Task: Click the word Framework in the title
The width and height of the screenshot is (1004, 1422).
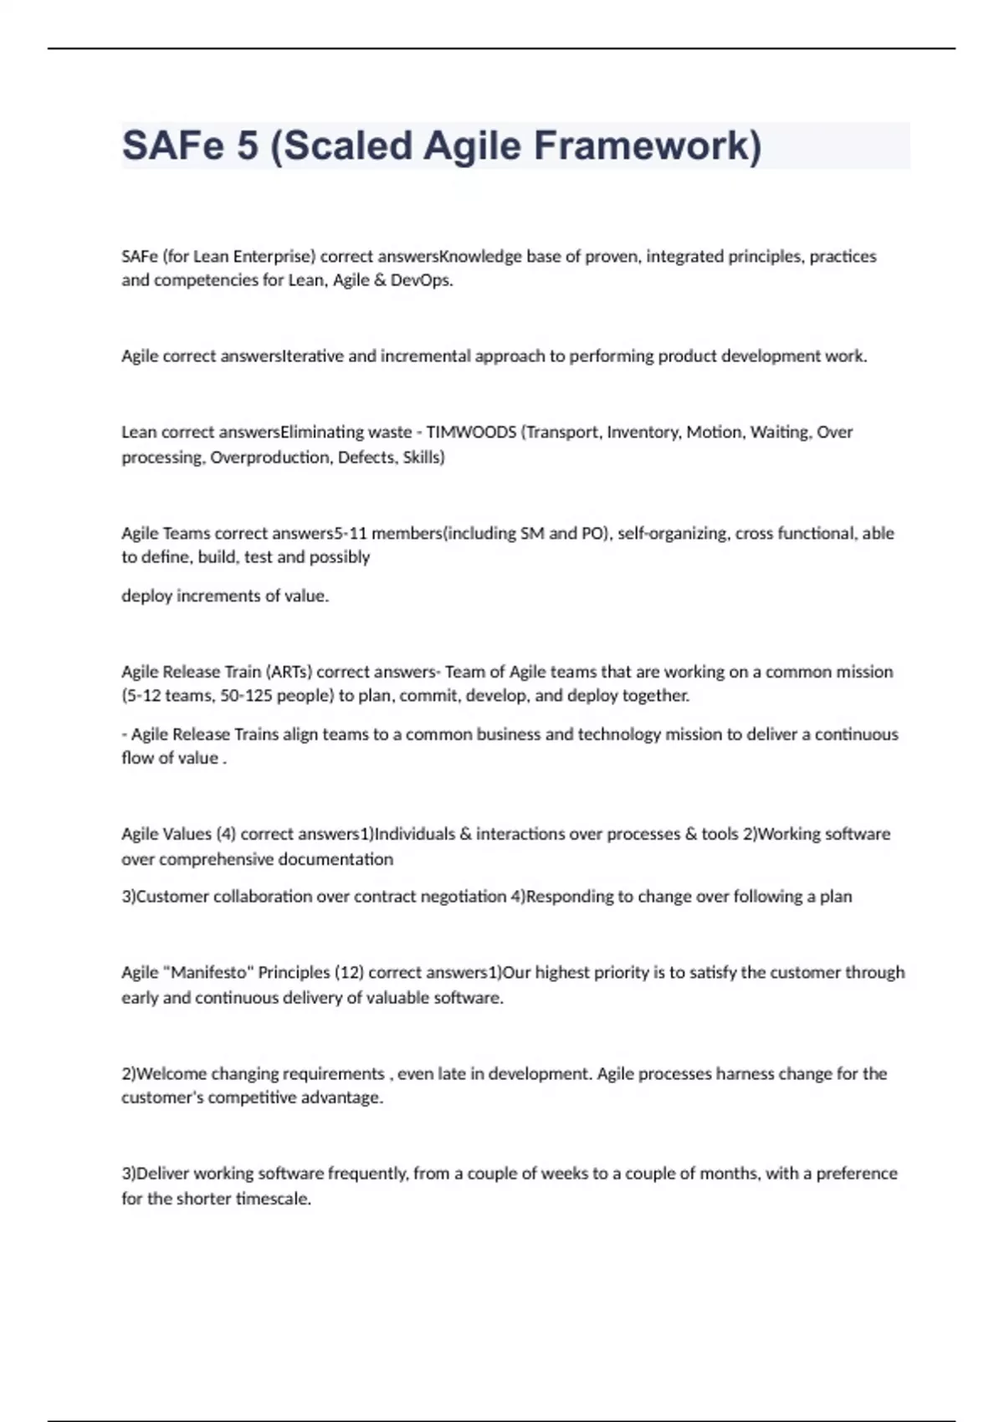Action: [x=647, y=146]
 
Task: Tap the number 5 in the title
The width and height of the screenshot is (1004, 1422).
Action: [x=248, y=146]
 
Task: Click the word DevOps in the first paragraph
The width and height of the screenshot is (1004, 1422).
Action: [x=421, y=280]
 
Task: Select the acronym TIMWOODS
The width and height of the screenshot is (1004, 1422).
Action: [x=471, y=432]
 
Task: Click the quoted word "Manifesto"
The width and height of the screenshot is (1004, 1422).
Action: [x=209, y=973]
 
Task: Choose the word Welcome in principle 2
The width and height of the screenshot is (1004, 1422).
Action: [x=172, y=1074]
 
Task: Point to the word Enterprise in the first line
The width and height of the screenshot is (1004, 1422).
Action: [x=274, y=257]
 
